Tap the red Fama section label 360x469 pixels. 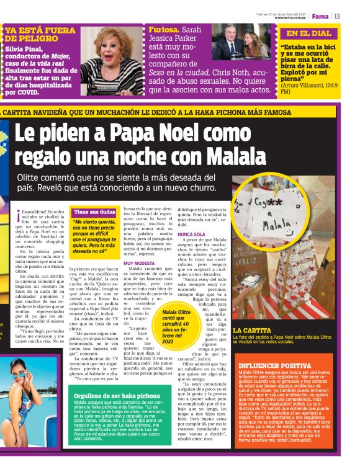click(x=320, y=16)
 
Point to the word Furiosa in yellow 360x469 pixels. click(x=163, y=30)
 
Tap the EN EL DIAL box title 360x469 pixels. click(x=309, y=33)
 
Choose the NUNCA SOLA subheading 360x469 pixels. click(x=192, y=234)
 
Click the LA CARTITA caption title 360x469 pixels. click(x=251, y=330)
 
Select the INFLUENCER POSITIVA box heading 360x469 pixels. click(x=274, y=367)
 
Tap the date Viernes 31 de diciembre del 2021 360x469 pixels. click(x=281, y=13)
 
